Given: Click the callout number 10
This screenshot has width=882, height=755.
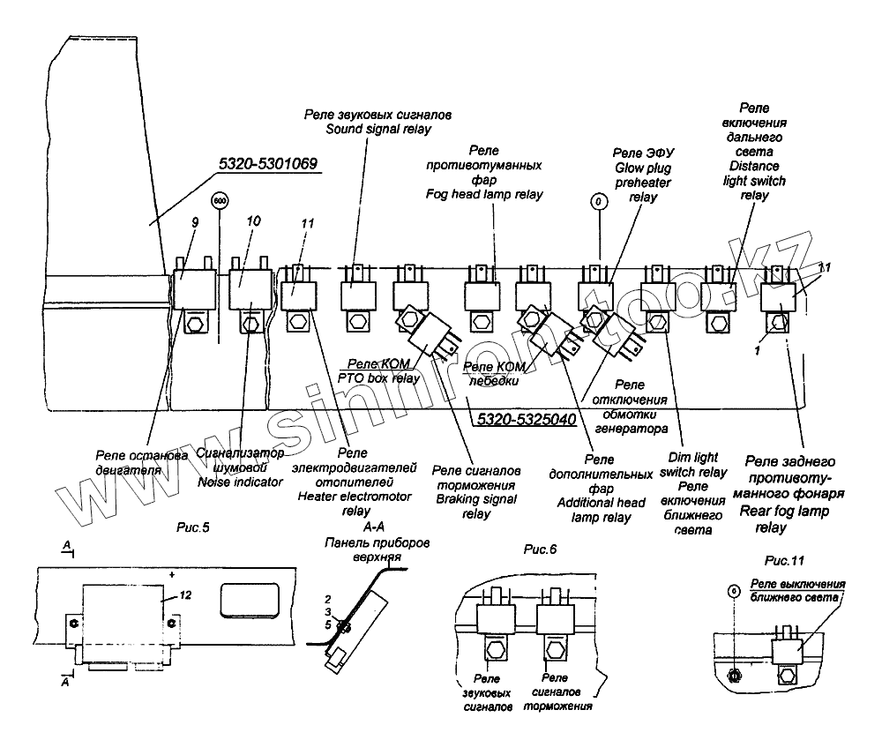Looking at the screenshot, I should pos(253,221).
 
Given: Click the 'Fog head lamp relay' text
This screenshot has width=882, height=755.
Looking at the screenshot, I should pos(484,193).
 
